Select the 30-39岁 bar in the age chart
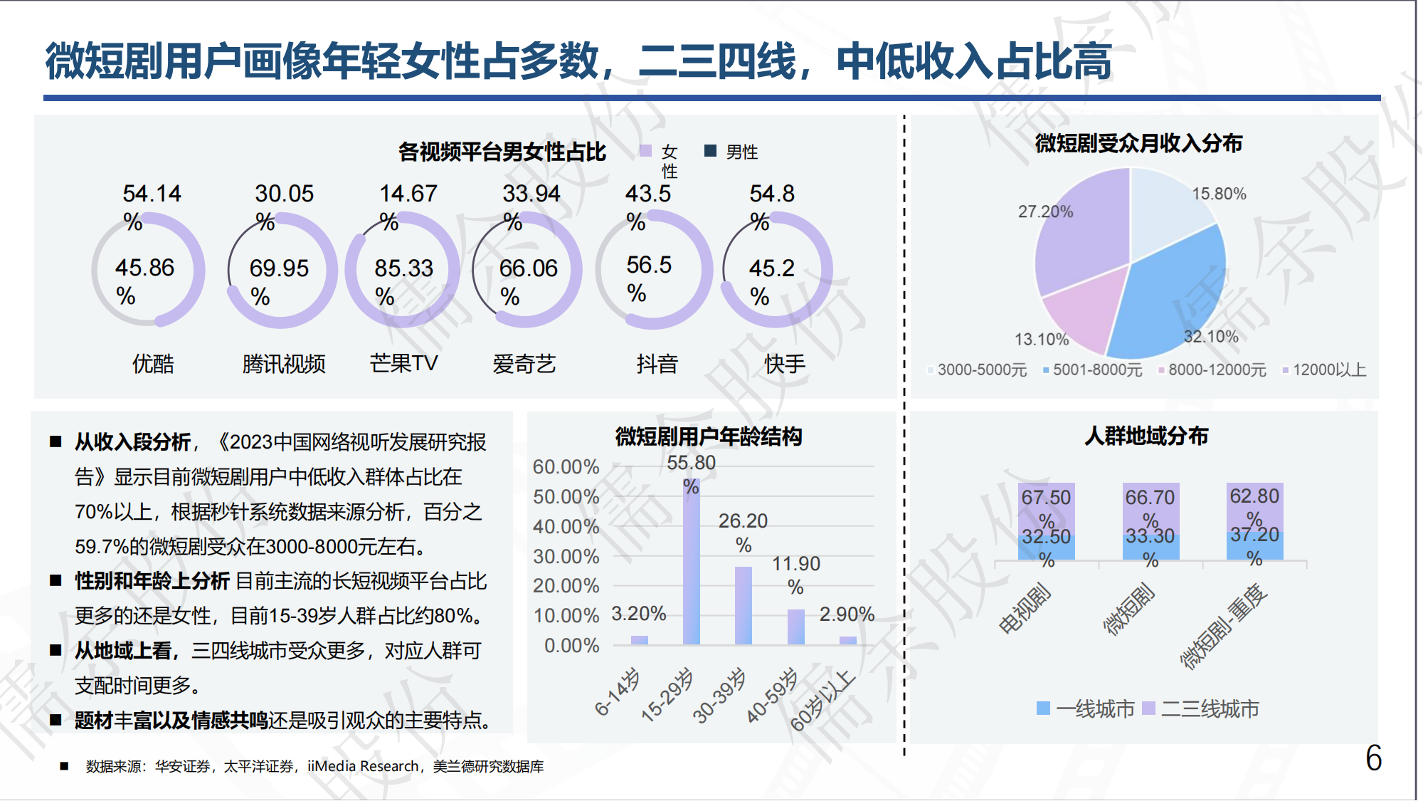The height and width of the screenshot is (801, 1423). point(743,605)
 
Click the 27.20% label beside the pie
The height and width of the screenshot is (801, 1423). point(1044,211)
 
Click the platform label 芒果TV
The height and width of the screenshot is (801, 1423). point(403,364)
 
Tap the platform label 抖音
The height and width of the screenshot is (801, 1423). point(657,364)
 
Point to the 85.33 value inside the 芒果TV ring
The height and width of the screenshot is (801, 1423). point(403,268)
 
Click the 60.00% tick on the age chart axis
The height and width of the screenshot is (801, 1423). point(566,467)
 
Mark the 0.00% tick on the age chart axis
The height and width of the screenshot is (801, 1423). point(571,646)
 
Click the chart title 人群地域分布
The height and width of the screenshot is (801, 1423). point(1146,436)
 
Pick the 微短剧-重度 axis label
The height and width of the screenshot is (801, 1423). point(1224,627)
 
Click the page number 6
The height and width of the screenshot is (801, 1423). point(1373,758)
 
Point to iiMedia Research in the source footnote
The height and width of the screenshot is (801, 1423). point(363,767)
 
